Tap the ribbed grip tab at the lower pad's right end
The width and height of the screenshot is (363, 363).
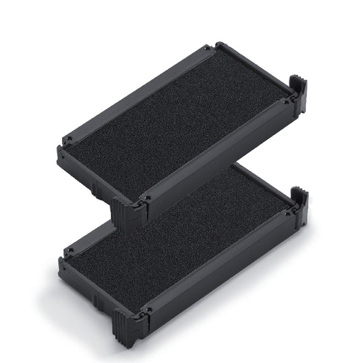tap(300, 204)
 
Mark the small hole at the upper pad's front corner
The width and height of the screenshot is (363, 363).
tap(146, 200)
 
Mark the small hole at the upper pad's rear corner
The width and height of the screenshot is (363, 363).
tap(209, 50)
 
